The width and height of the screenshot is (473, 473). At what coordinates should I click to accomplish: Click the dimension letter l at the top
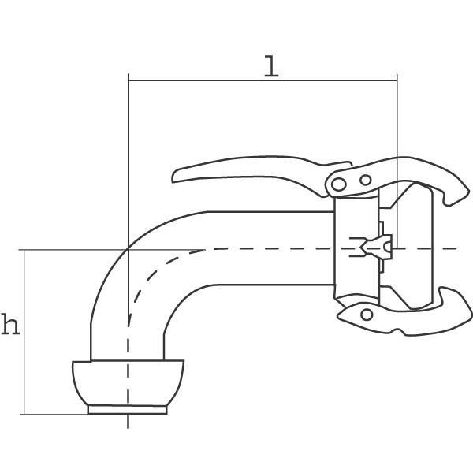271,65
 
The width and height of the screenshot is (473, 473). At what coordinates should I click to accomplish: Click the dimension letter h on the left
10,324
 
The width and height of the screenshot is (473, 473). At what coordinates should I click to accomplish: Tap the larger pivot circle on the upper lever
338,184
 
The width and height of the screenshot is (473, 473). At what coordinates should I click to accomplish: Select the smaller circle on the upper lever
365,180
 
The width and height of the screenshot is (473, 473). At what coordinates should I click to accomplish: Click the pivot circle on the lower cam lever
367,315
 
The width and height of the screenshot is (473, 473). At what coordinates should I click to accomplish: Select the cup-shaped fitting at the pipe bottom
128,382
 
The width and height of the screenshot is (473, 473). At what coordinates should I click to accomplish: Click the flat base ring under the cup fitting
127,410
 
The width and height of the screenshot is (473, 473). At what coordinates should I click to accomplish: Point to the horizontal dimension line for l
263,81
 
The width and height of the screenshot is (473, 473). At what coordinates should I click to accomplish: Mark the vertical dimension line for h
24,332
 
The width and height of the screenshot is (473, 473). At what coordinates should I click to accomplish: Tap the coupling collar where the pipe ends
356,248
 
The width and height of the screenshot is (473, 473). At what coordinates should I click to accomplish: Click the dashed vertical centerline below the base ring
128,421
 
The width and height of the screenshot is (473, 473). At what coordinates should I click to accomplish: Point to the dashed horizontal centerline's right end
457,248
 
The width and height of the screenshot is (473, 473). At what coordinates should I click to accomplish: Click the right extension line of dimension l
397,161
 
